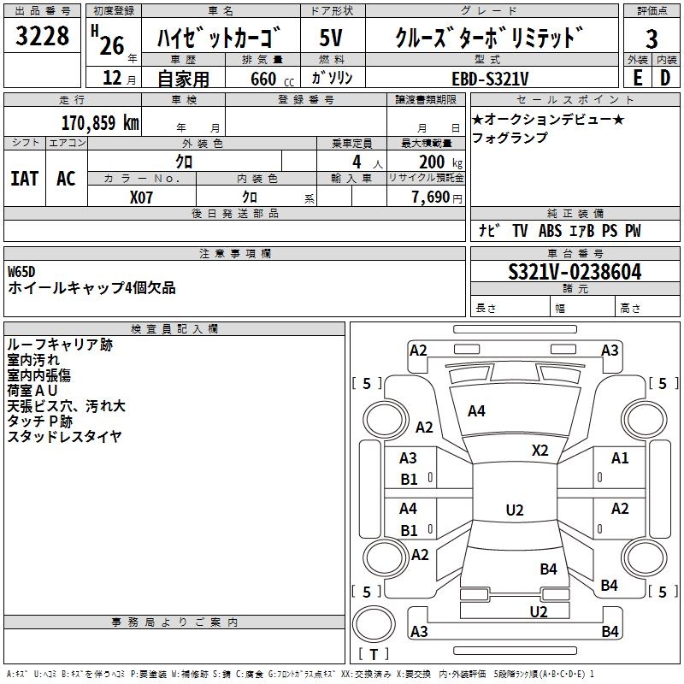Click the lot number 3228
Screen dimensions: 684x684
click(43, 37)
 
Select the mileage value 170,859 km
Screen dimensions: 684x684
click(100, 122)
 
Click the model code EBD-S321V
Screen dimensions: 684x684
click(491, 78)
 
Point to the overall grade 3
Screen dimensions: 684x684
click(652, 38)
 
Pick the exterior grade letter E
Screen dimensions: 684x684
click(637, 78)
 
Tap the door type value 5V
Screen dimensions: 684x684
click(331, 38)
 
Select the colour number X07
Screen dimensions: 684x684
click(142, 197)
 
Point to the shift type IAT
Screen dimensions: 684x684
click(24, 178)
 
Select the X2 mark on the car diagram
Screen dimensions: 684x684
click(540, 451)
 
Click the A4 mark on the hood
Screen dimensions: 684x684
click(476, 411)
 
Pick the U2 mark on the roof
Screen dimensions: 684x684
click(514, 510)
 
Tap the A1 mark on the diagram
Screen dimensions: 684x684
click(620, 458)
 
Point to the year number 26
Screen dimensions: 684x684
click(112, 44)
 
